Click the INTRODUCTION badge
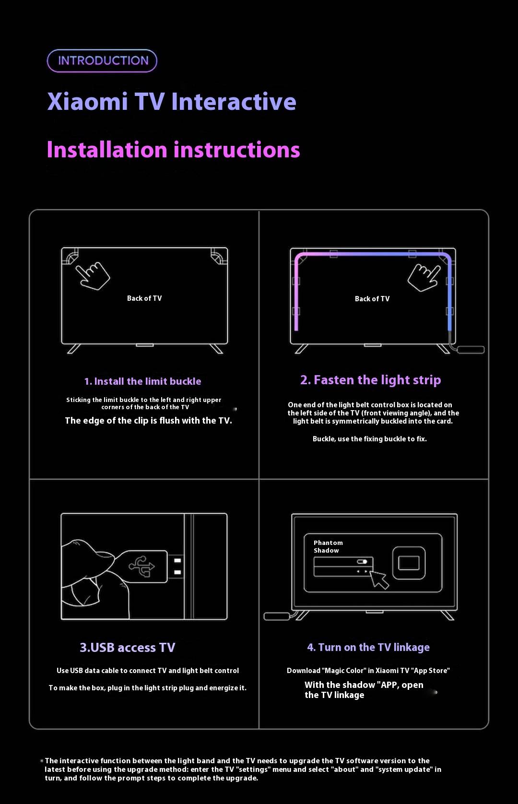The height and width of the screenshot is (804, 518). (102, 60)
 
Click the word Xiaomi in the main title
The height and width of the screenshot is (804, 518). (88, 102)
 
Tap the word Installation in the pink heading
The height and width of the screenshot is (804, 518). (107, 149)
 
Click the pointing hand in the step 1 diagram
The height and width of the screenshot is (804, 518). (93, 276)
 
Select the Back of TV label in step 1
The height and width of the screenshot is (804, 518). (144, 298)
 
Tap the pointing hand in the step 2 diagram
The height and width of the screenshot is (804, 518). (424, 277)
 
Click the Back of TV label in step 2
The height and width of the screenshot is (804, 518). (372, 299)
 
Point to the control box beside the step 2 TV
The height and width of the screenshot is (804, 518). (471, 350)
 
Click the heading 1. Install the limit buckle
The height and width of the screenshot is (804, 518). (142, 381)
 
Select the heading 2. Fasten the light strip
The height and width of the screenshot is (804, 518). (370, 380)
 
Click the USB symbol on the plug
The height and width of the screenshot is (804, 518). (142, 567)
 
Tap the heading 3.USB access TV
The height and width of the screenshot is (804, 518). (128, 648)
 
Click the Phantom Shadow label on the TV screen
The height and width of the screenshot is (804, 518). (328, 547)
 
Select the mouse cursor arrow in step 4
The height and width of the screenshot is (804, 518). (379, 579)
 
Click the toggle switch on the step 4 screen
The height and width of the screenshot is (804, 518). (362, 561)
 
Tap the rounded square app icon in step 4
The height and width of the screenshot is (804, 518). (409, 563)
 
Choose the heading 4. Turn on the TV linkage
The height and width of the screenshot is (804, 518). (368, 647)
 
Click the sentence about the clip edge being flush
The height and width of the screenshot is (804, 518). (148, 421)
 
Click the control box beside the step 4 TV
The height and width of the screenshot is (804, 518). (277, 616)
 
